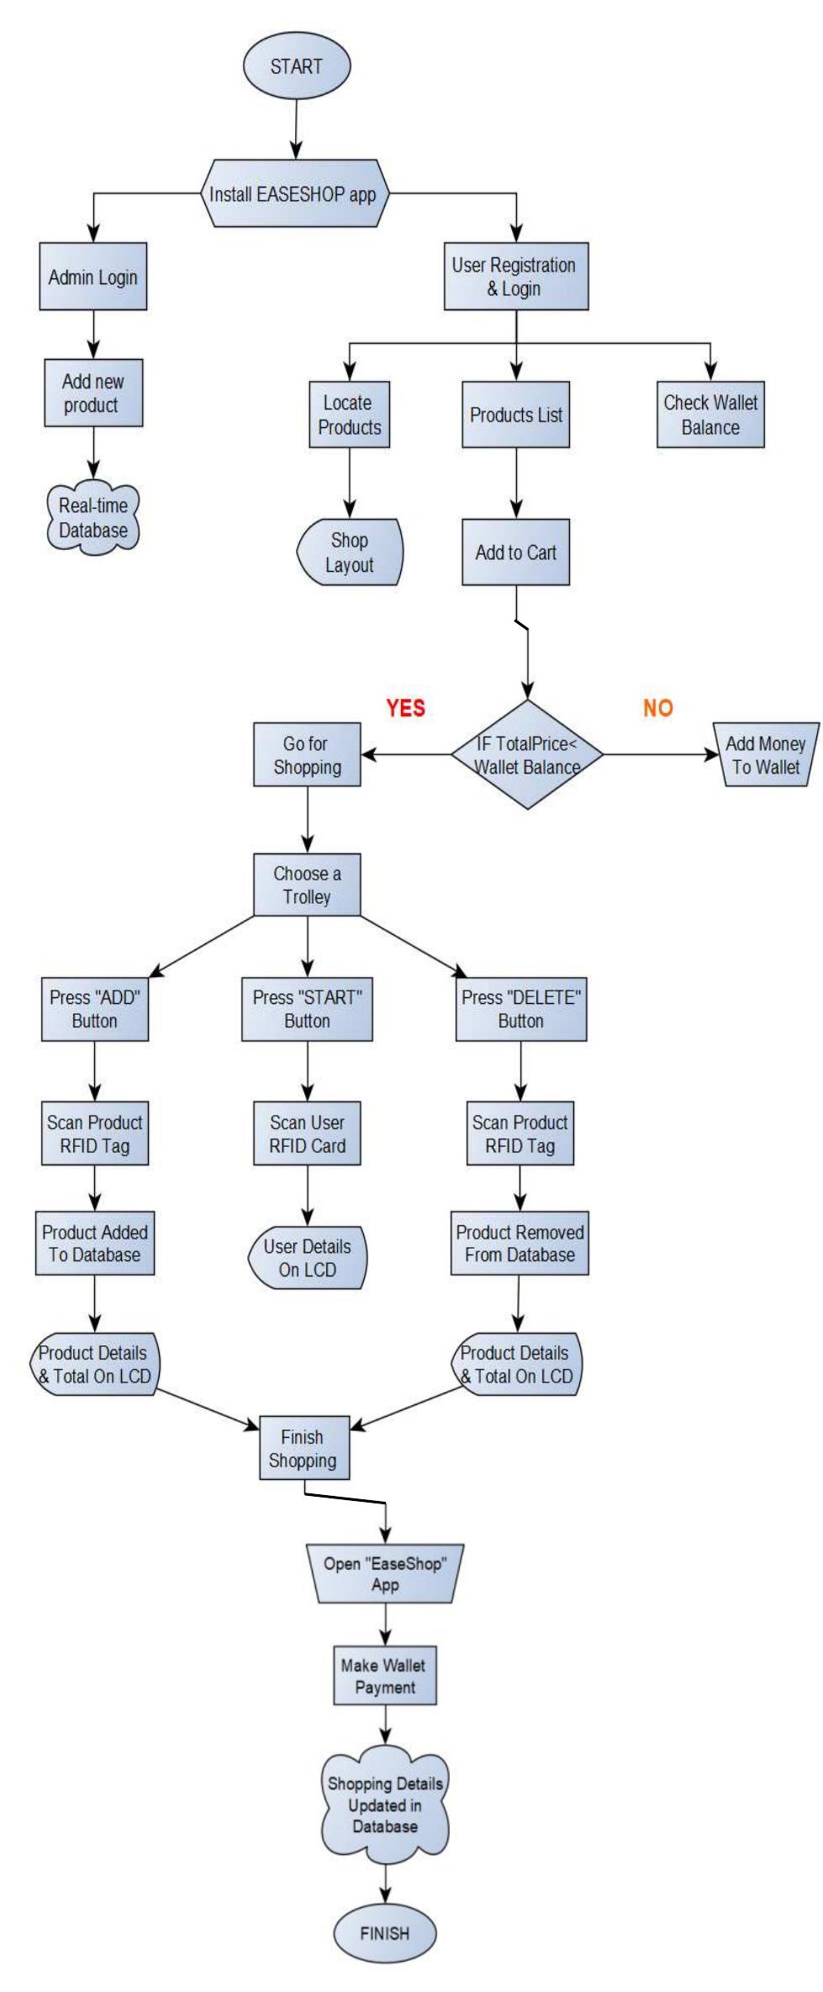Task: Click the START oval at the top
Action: [x=296, y=67]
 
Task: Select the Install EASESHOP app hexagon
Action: [x=293, y=194]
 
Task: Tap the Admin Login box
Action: [x=92, y=277]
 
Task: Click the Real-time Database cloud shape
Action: [x=92, y=518]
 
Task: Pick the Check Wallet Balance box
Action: [x=710, y=415]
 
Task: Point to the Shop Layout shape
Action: [x=349, y=552]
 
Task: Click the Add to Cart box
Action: [x=515, y=552]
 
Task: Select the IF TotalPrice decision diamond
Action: [x=527, y=755]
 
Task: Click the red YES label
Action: [x=405, y=708]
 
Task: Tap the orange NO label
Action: [x=658, y=708]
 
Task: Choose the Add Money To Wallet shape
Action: [x=765, y=754]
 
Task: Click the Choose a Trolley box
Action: [x=307, y=885]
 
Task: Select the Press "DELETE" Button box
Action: [x=521, y=1009]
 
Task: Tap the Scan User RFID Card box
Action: [x=307, y=1133]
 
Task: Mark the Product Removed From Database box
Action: [x=520, y=1243]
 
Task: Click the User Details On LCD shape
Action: [x=307, y=1258]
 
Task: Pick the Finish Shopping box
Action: [x=303, y=1449]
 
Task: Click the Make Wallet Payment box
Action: [x=385, y=1676]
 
